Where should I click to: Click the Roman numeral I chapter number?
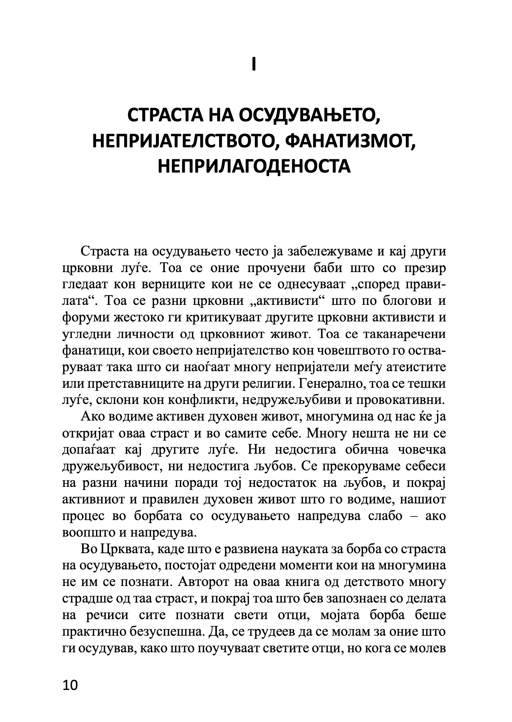pos(254,65)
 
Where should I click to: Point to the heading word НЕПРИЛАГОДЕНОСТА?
pos(254,166)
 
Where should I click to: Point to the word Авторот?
pos(206,582)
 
